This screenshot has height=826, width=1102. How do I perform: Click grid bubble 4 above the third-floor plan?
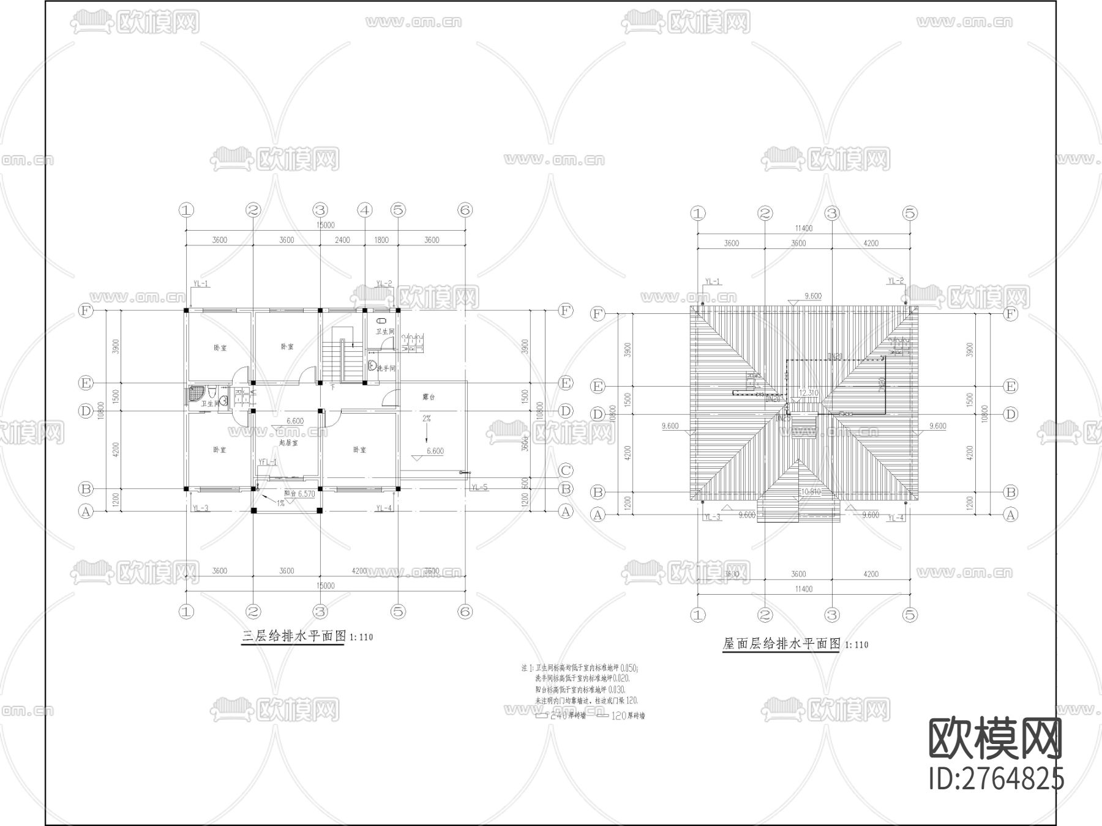click(x=365, y=210)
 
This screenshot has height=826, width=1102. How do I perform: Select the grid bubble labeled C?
click(x=566, y=471)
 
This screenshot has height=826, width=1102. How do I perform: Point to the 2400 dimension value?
click(x=342, y=240)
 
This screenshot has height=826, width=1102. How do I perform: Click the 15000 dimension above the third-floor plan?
click(x=325, y=225)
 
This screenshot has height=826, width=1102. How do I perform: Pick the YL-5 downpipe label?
click(x=479, y=488)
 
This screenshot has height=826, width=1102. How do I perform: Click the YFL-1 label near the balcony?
click(x=268, y=462)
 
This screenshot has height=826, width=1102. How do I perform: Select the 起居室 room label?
click(x=288, y=442)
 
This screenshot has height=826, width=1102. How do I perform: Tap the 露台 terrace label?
click(x=429, y=397)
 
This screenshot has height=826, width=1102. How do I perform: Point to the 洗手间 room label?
click(x=386, y=368)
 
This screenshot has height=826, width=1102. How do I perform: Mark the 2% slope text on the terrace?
click(x=426, y=419)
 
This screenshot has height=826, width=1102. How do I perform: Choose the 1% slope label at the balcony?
click(x=280, y=503)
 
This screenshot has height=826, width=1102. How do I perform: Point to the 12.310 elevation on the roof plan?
click(x=809, y=393)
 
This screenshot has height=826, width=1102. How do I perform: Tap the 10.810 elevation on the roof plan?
click(x=811, y=491)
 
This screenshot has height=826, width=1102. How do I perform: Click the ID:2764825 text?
click(x=997, y=779)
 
